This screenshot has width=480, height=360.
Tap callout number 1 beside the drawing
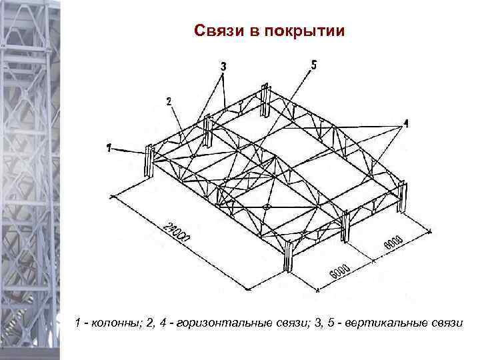click(109, 148)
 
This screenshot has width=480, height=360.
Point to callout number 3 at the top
click(223, 66)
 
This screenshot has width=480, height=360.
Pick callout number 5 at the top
click(314, 64)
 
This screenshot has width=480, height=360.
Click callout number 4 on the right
click(406, 123)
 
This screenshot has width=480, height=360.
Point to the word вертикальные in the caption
click(390, 323)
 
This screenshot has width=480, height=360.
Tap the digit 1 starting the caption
click(79, 323)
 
